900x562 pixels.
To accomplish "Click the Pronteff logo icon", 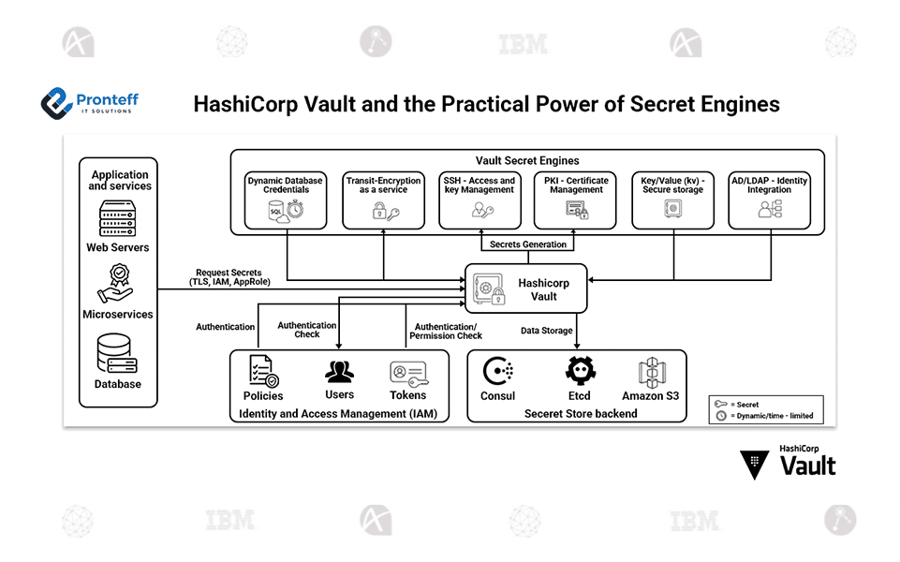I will (x=57, y=101).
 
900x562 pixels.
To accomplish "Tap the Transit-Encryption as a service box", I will (x=384, y=200).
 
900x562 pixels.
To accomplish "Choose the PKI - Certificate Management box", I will (x=576, y=200).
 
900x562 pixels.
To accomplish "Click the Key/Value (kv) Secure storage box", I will (x=673, y=200).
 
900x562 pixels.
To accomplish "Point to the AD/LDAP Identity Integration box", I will (x=769, y=200).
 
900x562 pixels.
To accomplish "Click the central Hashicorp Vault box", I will (x=526, y=288).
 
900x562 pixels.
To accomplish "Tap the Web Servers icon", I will (x=118, y=219).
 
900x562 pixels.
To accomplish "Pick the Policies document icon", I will (x=263, y=371).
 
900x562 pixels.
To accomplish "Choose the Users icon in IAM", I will (x=339, y=372).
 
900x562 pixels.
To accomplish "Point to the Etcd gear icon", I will (x=580, y=372).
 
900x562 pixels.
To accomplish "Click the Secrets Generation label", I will (x=528, y=244).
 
